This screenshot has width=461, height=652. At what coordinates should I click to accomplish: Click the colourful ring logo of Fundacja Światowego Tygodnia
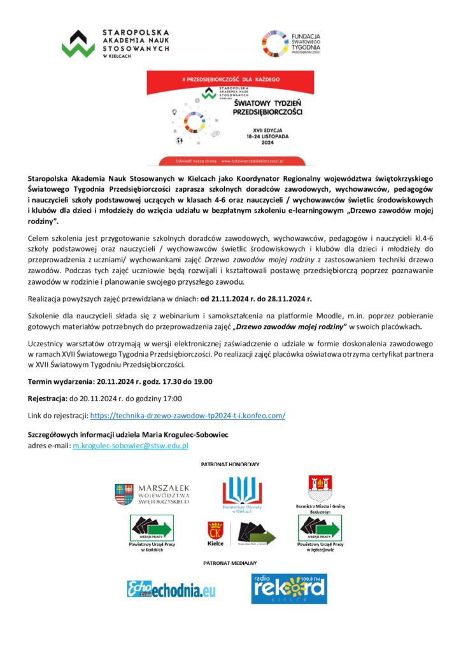coord(276,44)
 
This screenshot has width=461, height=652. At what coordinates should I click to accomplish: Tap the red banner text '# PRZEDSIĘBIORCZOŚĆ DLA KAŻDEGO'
coord(230,79)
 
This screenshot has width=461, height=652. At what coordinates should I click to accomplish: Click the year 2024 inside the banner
coord(267,143)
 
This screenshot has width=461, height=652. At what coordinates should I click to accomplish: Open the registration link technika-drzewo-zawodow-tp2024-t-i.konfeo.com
coord(188,416)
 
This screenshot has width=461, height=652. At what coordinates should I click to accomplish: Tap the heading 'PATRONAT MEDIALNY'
coord(230,563)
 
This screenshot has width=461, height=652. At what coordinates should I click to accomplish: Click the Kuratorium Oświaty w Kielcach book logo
coord(242,492)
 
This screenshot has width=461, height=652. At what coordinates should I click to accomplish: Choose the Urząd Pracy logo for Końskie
coord(152,528)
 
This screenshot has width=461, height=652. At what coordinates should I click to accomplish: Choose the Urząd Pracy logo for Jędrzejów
coord(321,528)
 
